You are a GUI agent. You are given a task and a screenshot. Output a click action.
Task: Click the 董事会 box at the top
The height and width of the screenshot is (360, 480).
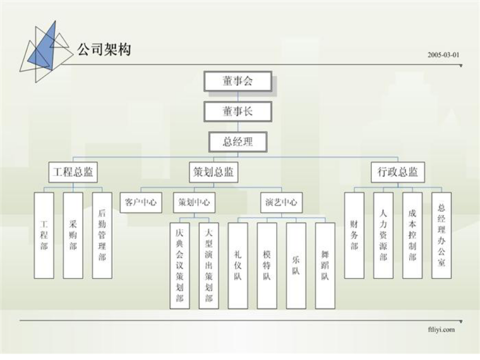238,81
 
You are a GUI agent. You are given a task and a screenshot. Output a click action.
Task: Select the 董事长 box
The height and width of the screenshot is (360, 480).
238,111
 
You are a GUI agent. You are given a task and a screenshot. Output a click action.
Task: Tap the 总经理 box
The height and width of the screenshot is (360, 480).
238,142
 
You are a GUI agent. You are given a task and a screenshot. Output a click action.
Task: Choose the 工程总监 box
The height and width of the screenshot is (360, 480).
73,172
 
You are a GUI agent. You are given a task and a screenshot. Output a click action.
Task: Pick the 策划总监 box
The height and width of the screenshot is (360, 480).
213,172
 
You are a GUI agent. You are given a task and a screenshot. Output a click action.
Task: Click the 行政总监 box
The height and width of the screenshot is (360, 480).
398,172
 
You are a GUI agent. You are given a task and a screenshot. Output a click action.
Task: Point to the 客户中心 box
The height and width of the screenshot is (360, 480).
141,202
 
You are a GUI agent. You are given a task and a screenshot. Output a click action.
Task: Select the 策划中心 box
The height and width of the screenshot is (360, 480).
194,202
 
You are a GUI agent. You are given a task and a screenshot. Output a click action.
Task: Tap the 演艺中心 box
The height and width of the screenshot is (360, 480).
281,202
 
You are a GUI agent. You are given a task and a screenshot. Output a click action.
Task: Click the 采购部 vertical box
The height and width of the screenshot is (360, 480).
73,235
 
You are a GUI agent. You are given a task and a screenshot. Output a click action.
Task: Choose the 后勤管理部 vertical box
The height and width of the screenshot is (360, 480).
102,235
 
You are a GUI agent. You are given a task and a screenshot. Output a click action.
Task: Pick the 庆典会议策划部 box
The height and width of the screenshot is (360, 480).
180,266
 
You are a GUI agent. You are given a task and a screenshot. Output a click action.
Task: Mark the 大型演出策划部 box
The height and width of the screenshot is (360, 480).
209,266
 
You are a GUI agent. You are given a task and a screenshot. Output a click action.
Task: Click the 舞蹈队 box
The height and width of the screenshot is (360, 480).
325,266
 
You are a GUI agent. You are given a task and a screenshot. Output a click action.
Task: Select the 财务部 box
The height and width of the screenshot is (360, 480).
354,235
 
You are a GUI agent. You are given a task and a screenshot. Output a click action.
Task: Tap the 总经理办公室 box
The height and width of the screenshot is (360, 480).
442,235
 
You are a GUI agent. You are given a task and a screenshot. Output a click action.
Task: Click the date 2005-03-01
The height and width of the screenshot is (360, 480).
444,55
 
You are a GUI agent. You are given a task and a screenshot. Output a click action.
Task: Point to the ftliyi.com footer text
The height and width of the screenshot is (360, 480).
442,330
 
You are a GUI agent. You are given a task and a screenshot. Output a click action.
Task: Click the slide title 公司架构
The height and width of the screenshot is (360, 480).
104,49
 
